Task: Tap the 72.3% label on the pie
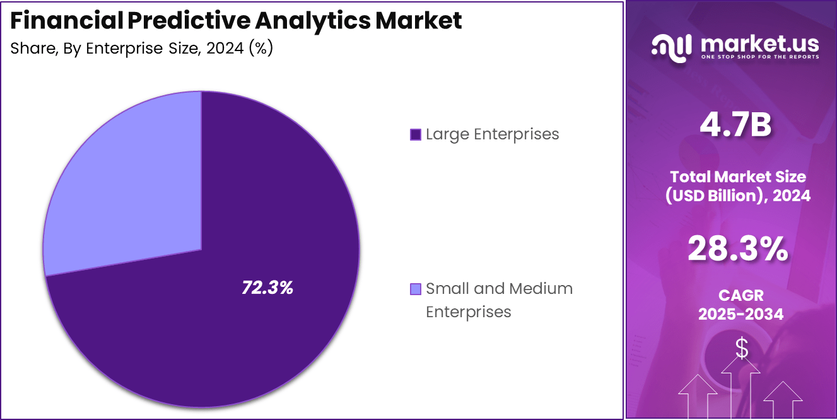pyautogui.click(x=267, y=288)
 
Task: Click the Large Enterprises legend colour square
pyautogui.click(x=415, y=134)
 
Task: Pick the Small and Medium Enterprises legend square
pyautogui.click(x=415, y=289)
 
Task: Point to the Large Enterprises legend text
pyautogui.click(x=492, y=134)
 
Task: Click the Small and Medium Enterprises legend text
pyautogui.click(x=499, y=300)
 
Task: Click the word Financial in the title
pyautogui.click(x=66, y=21)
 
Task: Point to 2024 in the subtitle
pyautogui.click(x=224, y=49)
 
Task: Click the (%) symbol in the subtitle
pyautogui.click(x=260, y=49)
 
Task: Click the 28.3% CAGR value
pyautogui.click(x=737, y=249)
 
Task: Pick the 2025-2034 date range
pyautogui.click(x=740, y=314)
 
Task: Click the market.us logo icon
pyautogui.click(x=672, y=47)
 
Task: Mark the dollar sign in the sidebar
pyautogui.click(x=742, y=348)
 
